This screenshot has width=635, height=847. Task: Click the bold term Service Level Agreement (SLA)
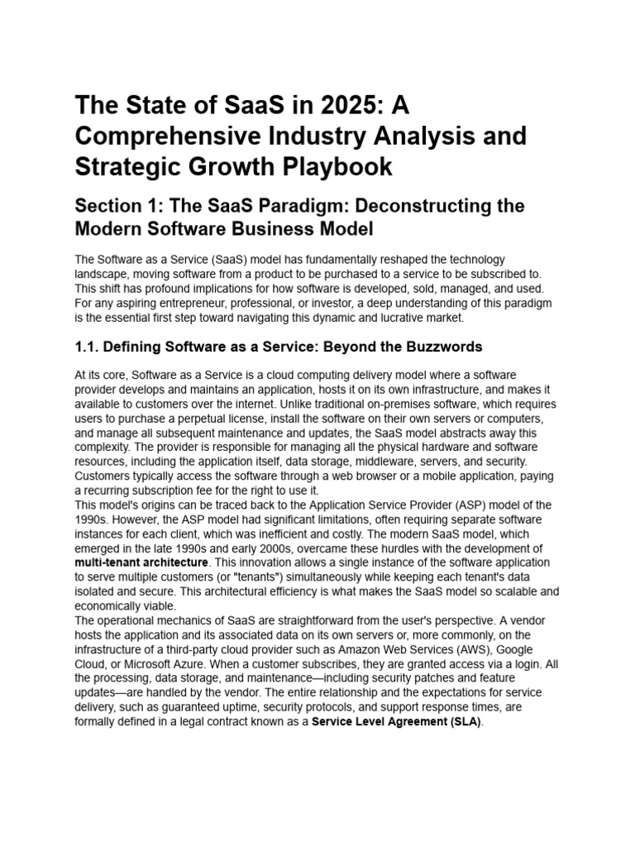click(x=396, y=721)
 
